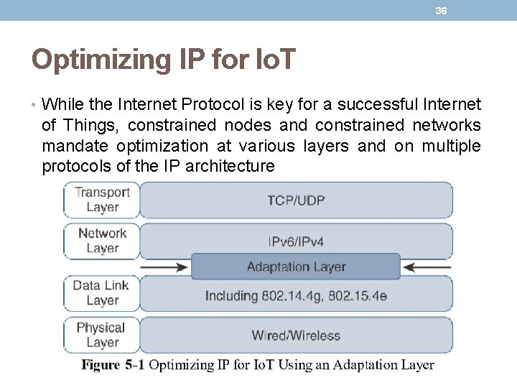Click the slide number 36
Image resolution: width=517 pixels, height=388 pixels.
tap(441, 11)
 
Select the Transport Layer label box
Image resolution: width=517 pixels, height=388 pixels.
tap(102, 199)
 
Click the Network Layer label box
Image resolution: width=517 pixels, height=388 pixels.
tap(102, 241)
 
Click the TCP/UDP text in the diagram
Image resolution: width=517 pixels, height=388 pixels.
tap(296, 200)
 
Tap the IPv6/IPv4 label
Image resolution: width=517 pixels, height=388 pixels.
tap(296, 242)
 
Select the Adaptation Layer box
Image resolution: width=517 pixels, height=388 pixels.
tap(296, 267)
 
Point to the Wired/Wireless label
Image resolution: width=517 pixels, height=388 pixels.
tap(296, 336)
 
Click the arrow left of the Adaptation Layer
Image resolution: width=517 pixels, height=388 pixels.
tap(164, 267)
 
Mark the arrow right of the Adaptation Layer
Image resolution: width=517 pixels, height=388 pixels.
tap(427, 267)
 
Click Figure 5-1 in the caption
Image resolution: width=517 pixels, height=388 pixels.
tap(113, 365)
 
